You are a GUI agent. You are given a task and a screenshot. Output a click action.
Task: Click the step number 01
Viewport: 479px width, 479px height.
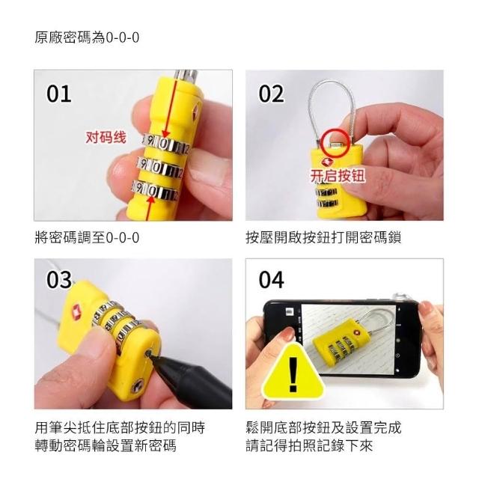(x=59, y=94)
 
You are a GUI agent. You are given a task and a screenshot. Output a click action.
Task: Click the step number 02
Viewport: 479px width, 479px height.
(x=271, y=94)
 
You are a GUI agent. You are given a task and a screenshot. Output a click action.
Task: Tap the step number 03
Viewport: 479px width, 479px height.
(x=59, y=279)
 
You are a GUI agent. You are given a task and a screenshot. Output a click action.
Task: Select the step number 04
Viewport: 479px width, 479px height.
(x=271, y=279)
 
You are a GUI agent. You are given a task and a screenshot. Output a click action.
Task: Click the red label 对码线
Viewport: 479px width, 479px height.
(x=106, y=137)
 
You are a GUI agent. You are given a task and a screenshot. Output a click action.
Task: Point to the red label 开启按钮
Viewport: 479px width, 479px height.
(x=338, y=176)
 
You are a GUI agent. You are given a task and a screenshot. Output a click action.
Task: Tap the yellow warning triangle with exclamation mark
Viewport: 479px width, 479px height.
(x=293, y=371)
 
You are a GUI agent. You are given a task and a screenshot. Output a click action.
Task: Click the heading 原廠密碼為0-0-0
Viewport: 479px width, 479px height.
(x=87, y=38)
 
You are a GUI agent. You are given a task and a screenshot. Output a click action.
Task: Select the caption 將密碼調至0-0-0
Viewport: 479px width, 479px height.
(x=87, y=237)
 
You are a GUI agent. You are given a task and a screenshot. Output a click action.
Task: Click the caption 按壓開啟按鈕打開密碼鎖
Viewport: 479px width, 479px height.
(x=323, y=237)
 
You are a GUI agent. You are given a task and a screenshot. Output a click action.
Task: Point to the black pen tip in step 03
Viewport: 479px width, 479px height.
(x=150, y=354)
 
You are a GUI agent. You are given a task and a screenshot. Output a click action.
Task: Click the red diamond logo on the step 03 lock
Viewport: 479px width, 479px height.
(x=76, y=312)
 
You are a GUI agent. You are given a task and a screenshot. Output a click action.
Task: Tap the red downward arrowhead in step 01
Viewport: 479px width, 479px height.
(x=166, y=134)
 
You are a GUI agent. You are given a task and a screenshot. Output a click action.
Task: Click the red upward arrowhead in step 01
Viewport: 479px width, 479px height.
(x=151, y=200)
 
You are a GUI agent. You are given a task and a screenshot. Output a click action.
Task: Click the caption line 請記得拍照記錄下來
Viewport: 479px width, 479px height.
(x=309, y=446)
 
